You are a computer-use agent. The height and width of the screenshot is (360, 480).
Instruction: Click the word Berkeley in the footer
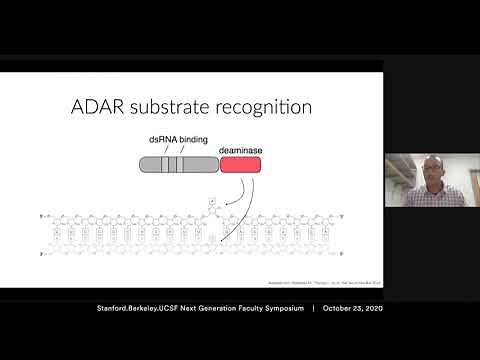[x=147, y=308]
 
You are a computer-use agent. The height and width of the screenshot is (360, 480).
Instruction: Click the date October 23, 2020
[x=354, y=308]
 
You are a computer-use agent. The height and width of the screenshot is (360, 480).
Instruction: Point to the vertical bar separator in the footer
[x=314, y=308]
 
